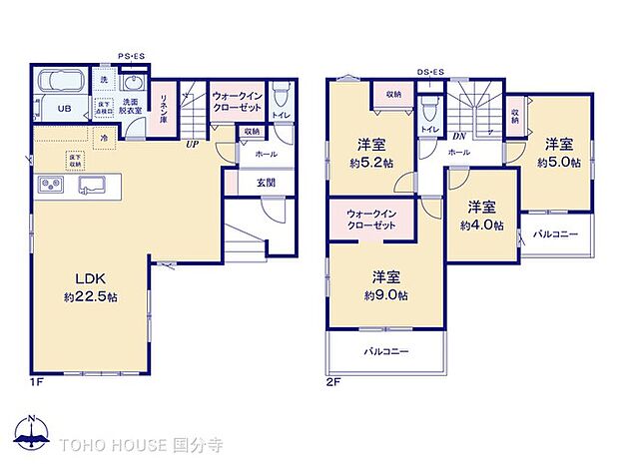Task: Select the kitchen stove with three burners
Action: [50, 184]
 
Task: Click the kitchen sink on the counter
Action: [92, 184]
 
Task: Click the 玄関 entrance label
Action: [267, 181]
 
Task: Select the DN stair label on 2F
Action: [459, 137]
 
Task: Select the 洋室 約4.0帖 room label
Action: [482, 216]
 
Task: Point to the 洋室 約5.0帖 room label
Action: [558, 152]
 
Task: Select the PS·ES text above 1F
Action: [132, 57]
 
